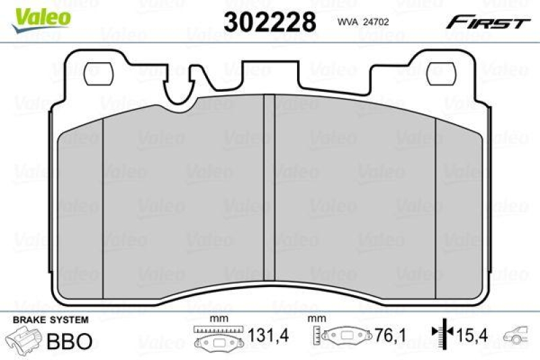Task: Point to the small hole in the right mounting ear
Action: [x=437, y=70]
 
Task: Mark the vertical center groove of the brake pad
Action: [x=269, y=196]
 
